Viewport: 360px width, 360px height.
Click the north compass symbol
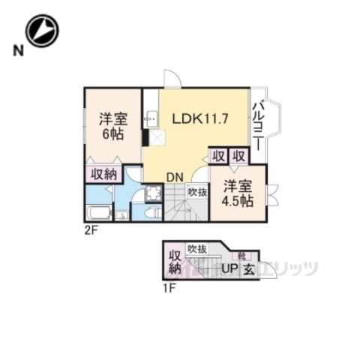pos(40,31)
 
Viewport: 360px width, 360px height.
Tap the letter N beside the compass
pos(16,52)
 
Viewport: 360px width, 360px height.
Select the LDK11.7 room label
pos(195,118)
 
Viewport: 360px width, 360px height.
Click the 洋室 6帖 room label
pos(113,125)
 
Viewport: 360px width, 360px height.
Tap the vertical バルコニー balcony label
pos(257,124)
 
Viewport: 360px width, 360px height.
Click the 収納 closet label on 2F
pos(103,174)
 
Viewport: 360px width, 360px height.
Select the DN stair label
pos(175,177)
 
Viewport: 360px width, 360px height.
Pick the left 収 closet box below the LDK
pos(217,156)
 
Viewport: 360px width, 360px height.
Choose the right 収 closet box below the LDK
pos(238,156)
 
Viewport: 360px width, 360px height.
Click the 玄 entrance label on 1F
pos(247,269)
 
